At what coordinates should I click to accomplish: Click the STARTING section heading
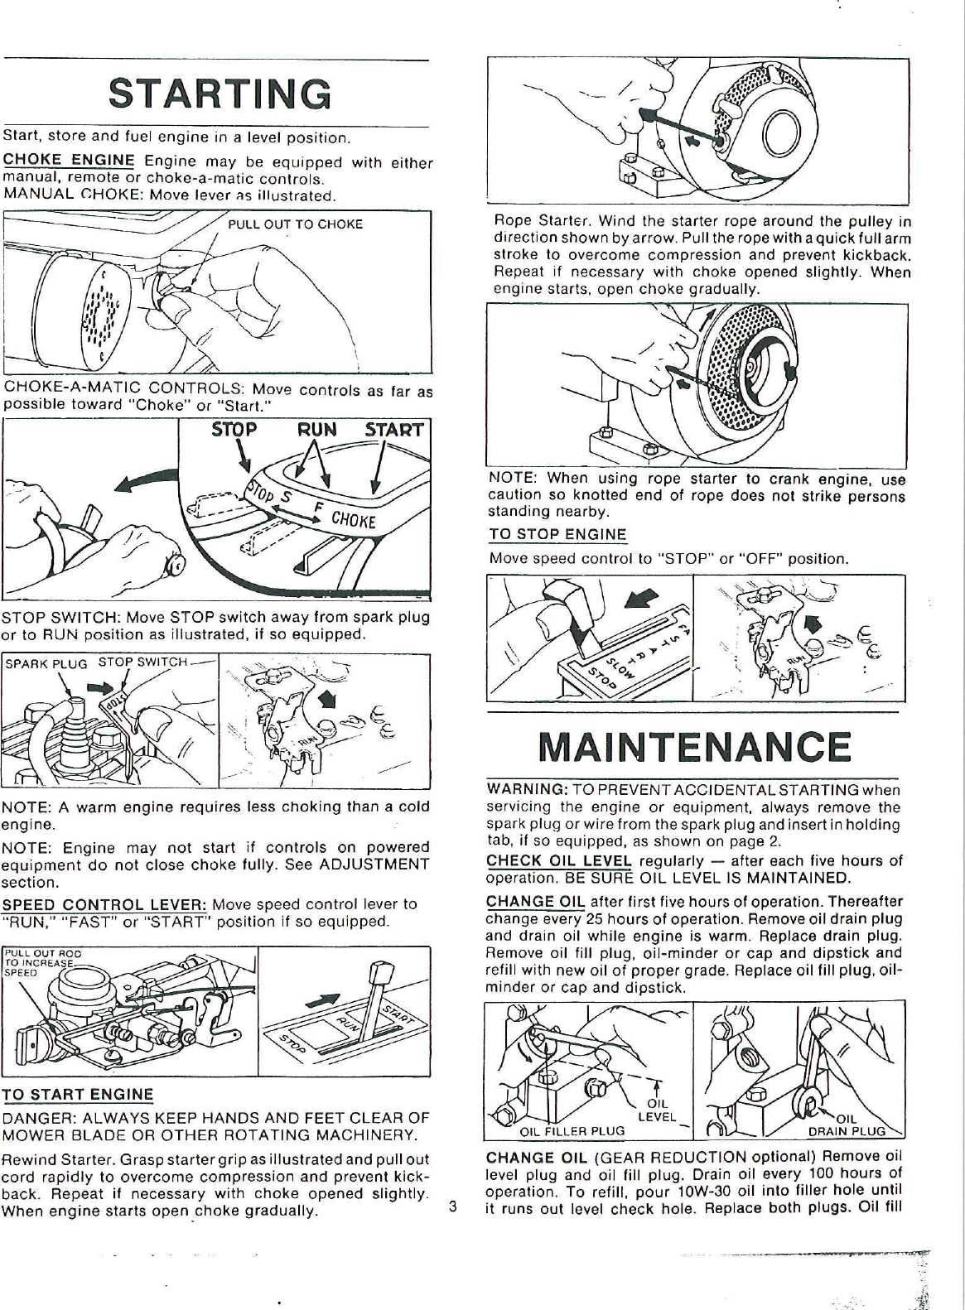[220, 94]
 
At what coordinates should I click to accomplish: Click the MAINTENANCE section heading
[694, 745]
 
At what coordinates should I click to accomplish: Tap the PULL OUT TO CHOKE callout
[295, 224]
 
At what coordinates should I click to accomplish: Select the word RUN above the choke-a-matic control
[317, 430]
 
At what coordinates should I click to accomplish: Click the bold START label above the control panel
[394, 430]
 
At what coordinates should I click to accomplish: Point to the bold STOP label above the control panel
[234, 430]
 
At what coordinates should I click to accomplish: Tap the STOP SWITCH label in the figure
[143, 661]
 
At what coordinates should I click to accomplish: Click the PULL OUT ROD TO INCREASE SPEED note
[40, 963]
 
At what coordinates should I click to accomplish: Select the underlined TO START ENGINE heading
[78, 1094]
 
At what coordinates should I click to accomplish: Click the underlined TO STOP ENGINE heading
[557, 534]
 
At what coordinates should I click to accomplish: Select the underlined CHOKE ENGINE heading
[70, 160]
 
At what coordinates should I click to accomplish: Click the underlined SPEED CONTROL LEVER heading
[104, 903]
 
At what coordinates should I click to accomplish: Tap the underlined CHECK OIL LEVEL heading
[559, 860]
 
